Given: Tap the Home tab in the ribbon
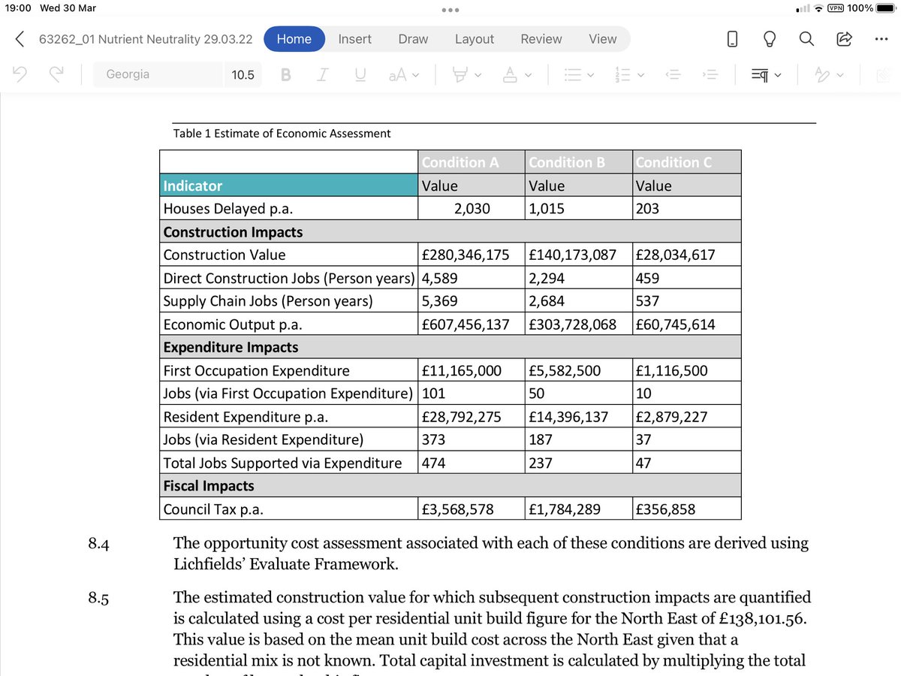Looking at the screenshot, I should point(294,39).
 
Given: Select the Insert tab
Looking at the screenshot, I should point(354,39).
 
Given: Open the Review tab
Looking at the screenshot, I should point(541,39).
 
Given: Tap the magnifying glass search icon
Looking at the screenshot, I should point(806,39).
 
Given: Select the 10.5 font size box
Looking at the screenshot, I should point(243,74).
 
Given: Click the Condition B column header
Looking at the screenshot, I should point(568,162).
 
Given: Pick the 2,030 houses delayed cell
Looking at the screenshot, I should point(472,209).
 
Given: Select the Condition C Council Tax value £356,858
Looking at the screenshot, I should point(665,509).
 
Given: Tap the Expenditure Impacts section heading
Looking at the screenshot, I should point(231,347).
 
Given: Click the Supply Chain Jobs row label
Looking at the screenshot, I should point(268,301).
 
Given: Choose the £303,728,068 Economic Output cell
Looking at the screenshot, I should point(573,324).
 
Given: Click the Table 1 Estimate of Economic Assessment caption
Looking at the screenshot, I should point(282,134).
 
